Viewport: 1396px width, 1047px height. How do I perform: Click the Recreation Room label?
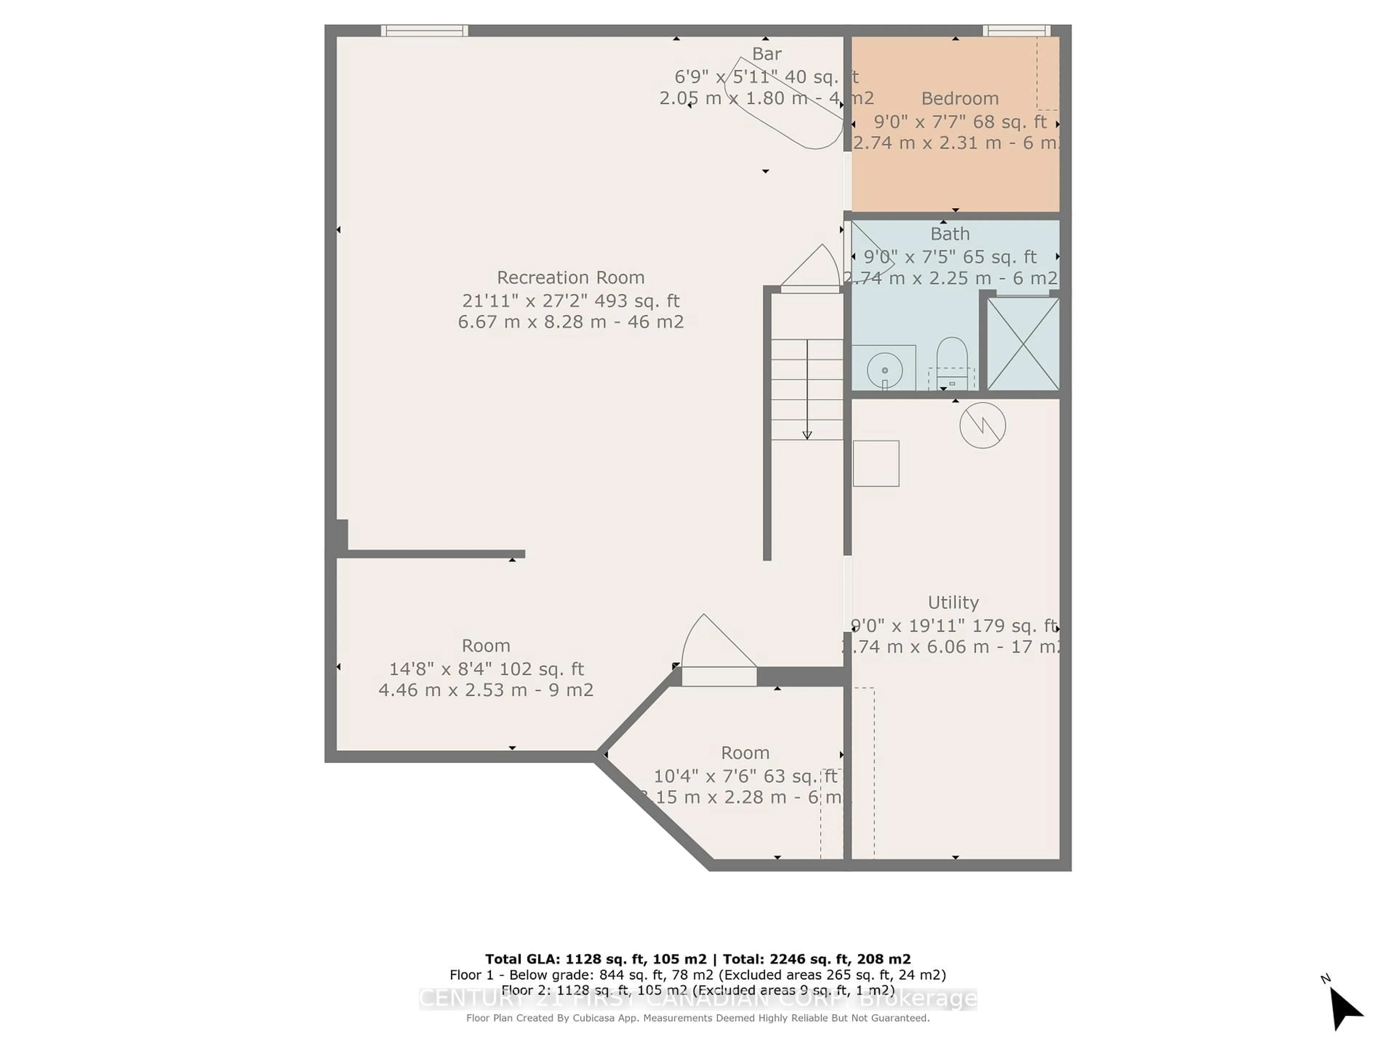(570, 278)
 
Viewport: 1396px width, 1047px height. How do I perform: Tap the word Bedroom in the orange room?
(959, 99)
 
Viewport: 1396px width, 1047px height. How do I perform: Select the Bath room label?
(950, 234)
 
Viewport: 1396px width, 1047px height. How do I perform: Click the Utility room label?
(953, 603)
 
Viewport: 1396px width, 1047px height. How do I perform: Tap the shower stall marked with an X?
(1022, 344)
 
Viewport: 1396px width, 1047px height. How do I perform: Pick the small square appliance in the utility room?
(876, 463)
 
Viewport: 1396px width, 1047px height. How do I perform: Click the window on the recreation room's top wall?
(424, 30)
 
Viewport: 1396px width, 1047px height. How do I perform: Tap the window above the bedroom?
(1016, 30)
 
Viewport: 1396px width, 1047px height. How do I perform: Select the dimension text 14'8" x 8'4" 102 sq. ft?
(486, 669)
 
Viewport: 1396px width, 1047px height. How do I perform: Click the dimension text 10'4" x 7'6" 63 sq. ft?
(745, 776)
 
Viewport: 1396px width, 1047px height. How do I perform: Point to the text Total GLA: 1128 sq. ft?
(595, 959)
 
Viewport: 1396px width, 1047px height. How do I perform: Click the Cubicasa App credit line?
(697, 1018)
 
